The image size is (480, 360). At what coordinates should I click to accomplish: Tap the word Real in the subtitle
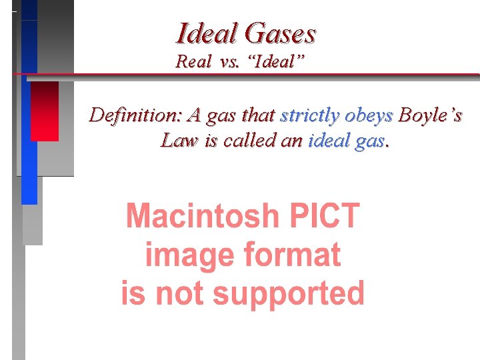(x=191, y=62)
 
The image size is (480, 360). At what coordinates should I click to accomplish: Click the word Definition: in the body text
(x=137, y=115)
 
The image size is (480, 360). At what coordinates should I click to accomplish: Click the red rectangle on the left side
(x=45, y=111)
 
